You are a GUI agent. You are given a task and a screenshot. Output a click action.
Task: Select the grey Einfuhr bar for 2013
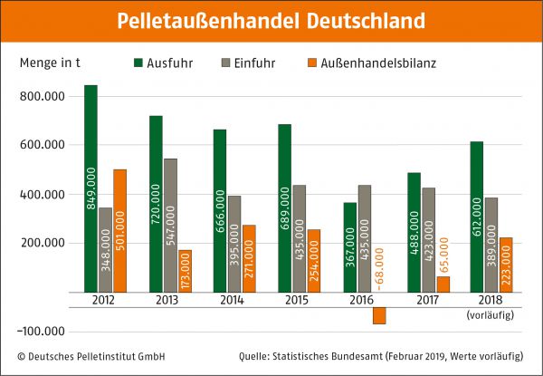pos(170,226)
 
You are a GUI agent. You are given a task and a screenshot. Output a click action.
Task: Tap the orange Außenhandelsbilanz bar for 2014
pos(250,258)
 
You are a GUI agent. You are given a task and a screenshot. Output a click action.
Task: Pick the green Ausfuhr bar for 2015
pos(285,208)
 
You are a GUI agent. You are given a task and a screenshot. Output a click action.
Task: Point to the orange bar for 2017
pos(443,284)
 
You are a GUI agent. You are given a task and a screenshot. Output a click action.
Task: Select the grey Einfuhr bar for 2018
pos(491,245)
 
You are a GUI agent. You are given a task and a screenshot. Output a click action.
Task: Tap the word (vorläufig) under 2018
pos(492,314)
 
